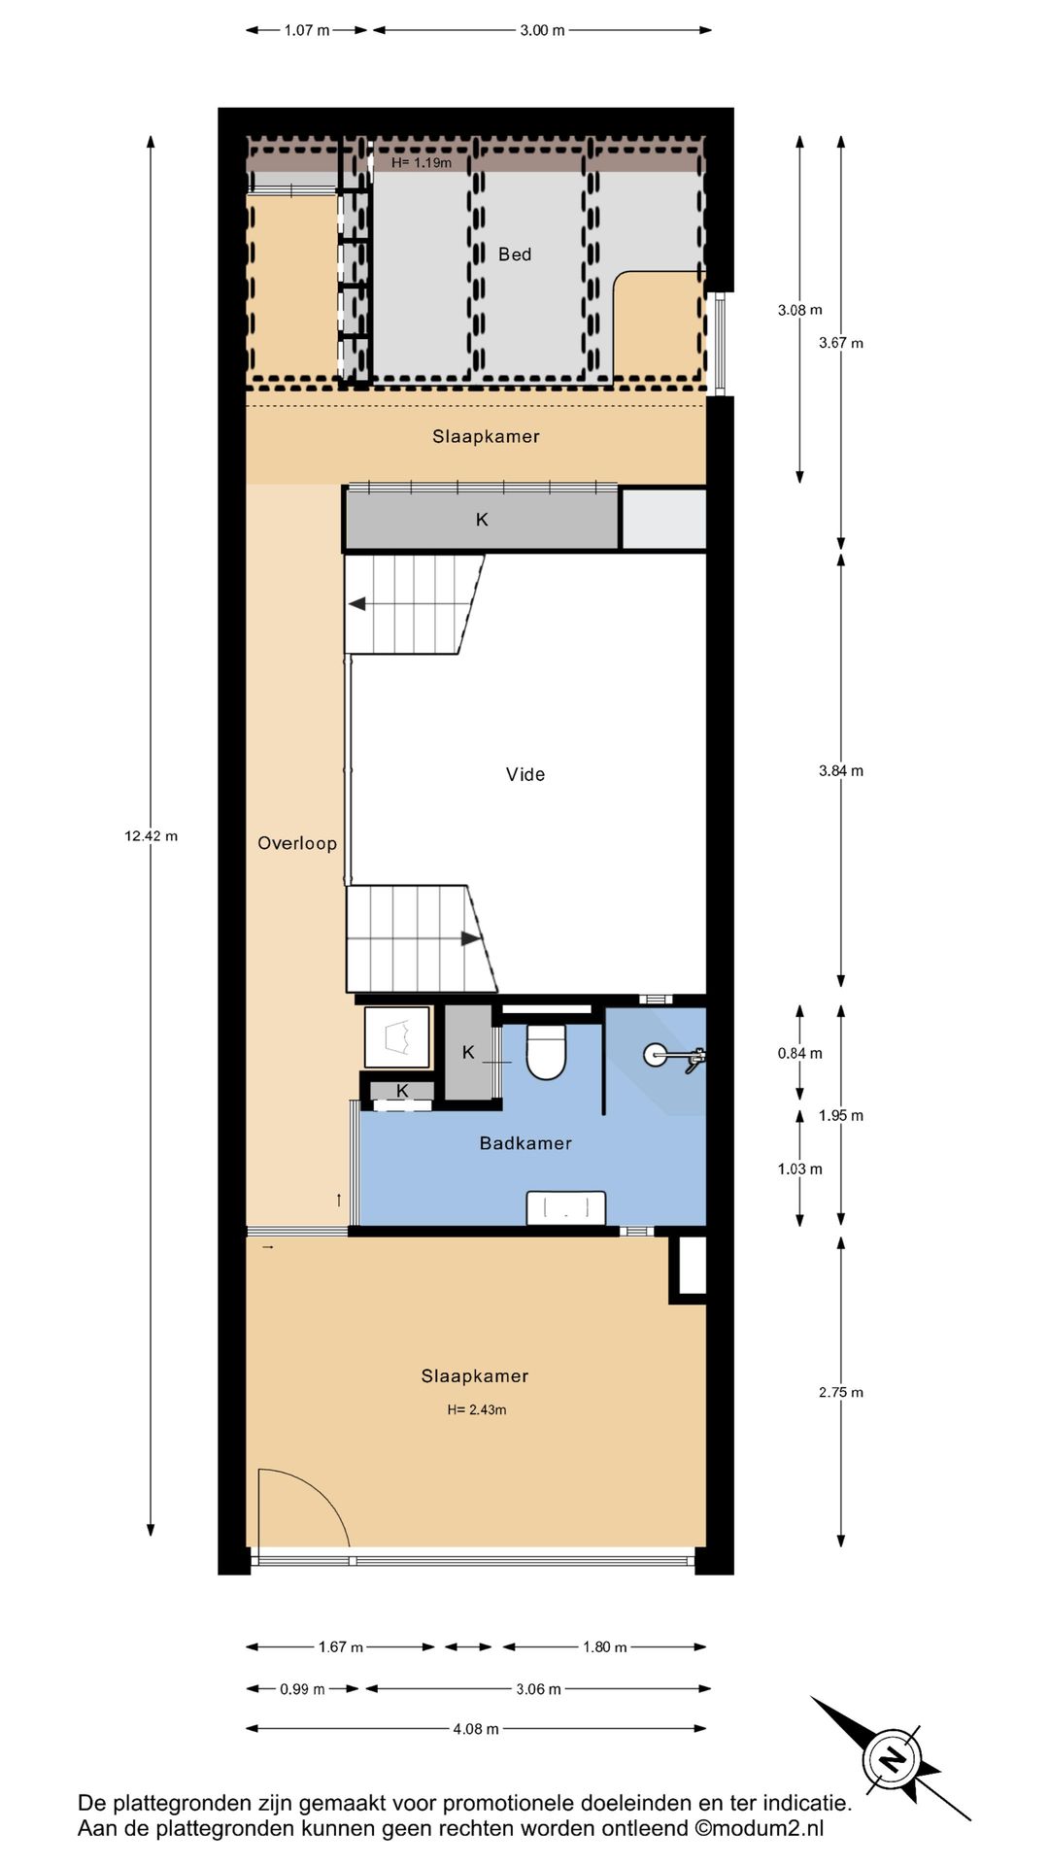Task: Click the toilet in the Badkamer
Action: tap(546, 1052)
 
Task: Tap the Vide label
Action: tap(525, 774)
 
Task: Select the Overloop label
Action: tap(297, 843)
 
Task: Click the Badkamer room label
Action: tap(525, 1143)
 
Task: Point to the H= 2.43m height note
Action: tap(477, 1409)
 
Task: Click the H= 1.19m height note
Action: tap(422, 162)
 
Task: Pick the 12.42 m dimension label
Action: tap(151, 835)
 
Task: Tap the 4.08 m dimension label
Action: tap(476, 1728)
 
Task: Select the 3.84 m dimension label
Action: tap(841, 770)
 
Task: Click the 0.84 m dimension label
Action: tap(800, 1053)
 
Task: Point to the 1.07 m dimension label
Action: tap(307, 30)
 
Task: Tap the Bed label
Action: tap(515, 254)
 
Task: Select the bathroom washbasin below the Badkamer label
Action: tap(566, 1208)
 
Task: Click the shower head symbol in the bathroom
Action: tap(673, 1055)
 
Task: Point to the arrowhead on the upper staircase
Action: tap(356, 604)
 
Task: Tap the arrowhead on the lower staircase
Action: tap(471, 938)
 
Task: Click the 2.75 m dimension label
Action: tap(841, 1392)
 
